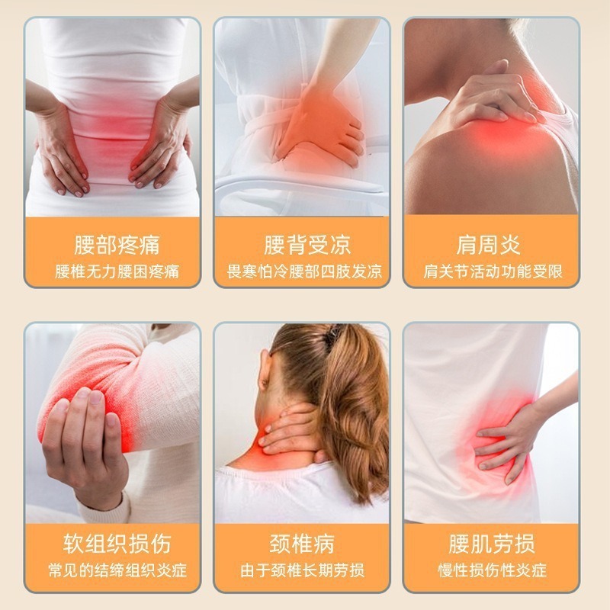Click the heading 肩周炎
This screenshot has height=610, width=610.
coord(492,246)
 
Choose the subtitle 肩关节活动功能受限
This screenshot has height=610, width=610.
coord(492,271)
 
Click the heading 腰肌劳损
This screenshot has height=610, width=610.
coord(492,544)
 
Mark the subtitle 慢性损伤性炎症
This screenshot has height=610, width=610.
coord(492,570)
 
